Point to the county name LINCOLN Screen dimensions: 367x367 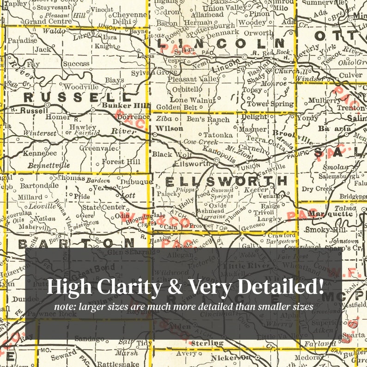(220, 43)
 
